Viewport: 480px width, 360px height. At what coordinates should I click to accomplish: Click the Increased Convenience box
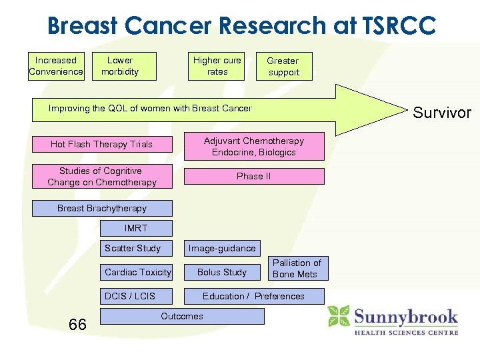click(x=56, y=66)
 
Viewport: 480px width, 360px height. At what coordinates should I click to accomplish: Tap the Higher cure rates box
click(x=217, y=66)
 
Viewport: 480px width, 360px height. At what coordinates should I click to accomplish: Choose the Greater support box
click(x=283, y=67)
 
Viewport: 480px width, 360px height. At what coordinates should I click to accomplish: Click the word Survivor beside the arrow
click(x=441, y=112)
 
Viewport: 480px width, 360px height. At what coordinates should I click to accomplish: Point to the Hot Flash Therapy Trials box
click(x=102, y=144)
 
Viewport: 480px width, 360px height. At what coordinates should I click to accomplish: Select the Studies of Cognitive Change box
click(x=102, y=177)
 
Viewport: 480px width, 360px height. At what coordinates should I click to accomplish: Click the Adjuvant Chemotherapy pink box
click(x=254, y=147)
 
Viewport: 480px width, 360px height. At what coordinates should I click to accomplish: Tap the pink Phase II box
click(x=254, y=177)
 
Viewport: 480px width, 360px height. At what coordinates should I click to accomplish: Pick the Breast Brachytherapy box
click(x=102, y=209)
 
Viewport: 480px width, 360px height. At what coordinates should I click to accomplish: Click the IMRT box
click(x=136, y=228)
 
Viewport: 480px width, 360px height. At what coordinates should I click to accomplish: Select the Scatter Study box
click(x=136, y=248)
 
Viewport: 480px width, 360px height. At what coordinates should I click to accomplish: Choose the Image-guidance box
click(x=222, y=248)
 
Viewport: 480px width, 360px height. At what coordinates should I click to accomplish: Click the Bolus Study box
click(x=222, y=272)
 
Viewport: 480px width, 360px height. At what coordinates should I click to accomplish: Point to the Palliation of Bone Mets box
click(x=297, y=269)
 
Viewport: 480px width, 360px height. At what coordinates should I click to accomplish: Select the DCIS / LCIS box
click(x=136, y=296)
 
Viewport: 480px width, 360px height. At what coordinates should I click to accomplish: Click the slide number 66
click(x=77, y=325)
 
